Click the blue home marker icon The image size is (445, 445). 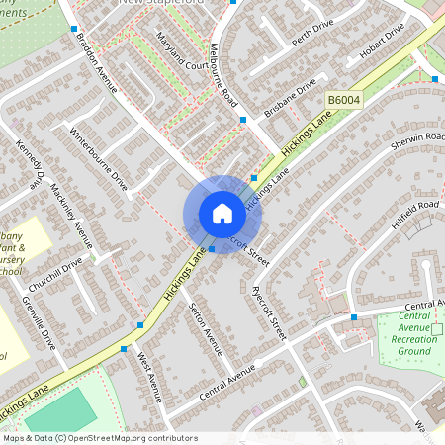point(222,214)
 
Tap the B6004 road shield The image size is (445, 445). point(343,101)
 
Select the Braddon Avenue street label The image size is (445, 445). point(96,61)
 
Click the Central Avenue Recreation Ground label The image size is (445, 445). point(415,334)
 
